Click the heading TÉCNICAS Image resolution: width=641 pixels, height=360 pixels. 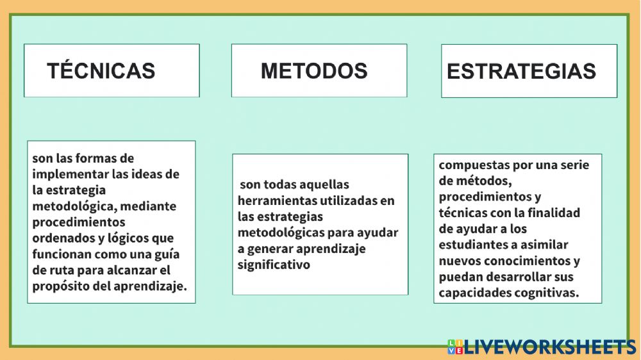pyautogui.click(x=101, y=70)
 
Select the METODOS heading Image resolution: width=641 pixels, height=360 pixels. pyautogui.click(x=314, y=70)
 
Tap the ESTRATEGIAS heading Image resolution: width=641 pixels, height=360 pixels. pyautogui.click(x=521, y=71)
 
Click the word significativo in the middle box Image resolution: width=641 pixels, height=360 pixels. pyautogui.click(x=274, y=264)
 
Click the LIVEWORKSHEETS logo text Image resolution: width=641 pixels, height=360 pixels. pyautogui.click(x=550, y=347)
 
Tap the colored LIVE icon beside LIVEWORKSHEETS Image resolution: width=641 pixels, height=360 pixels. pyautogui.click(x=455, y=347)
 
